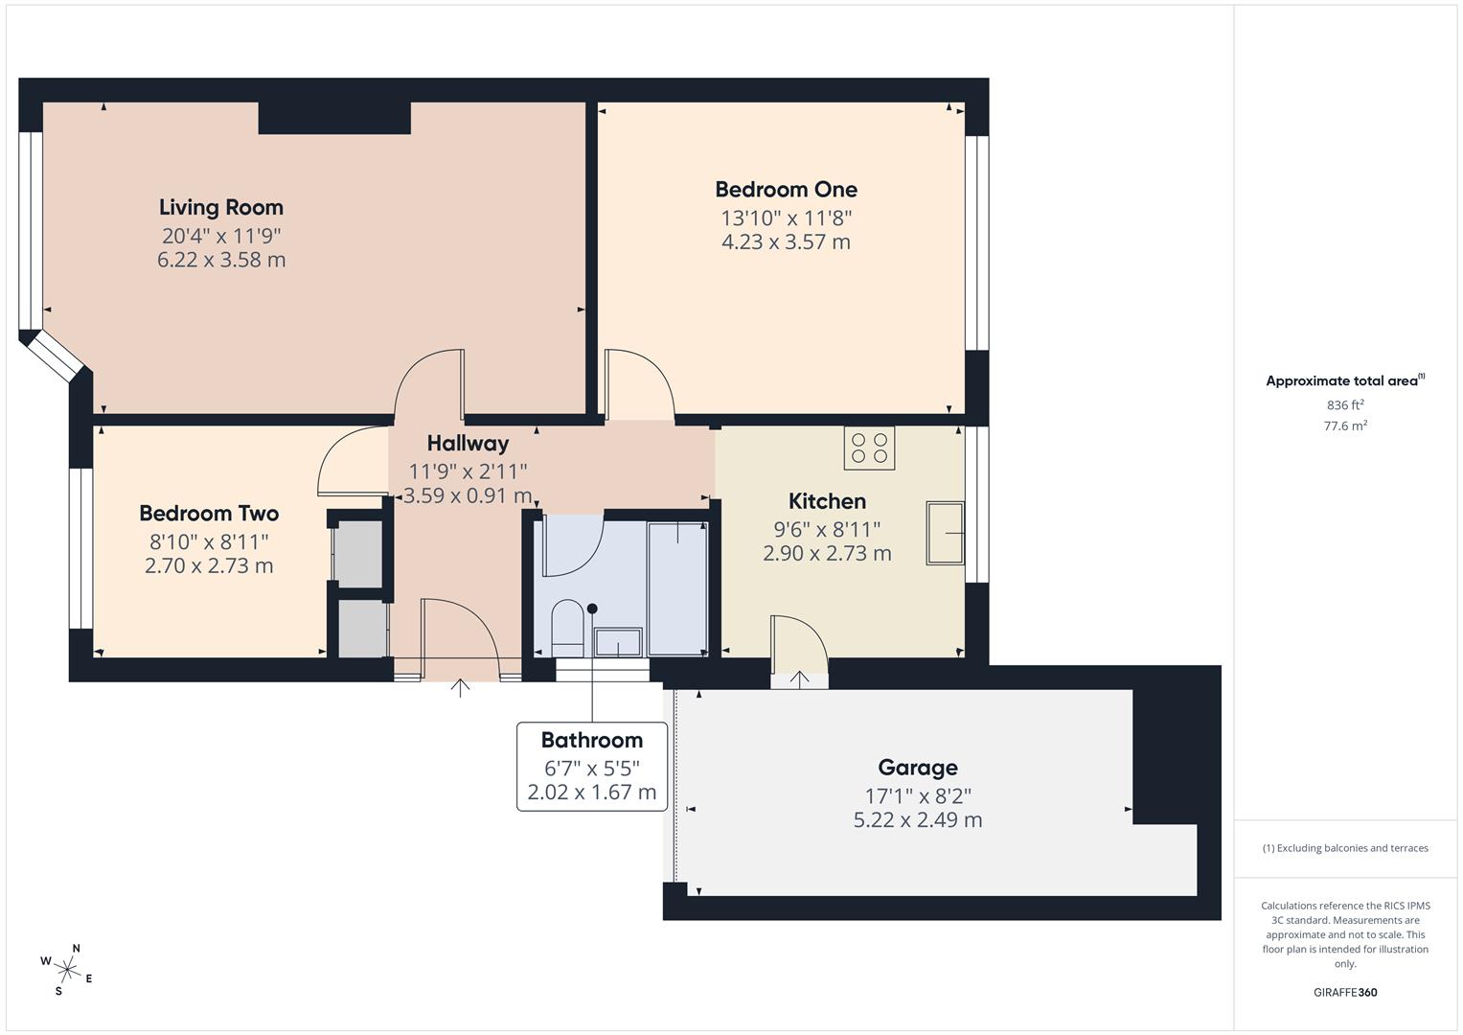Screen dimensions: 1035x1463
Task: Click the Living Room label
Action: tap(221, 207)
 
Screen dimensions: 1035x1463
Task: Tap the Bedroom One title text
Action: tap(786, 189)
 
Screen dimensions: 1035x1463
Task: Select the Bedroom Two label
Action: tap(209, 513)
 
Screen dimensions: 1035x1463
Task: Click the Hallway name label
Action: tap(468, 443)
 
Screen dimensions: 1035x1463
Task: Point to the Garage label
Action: tap(917, 767)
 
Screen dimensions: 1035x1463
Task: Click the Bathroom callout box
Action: tap(592, 766)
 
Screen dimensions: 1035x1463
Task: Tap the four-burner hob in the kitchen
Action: tap(869, 448)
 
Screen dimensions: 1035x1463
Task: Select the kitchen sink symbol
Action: tap(945, 533)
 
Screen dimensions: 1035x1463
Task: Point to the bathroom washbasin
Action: tap(618, 642)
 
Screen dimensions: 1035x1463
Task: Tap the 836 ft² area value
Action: tap(1345, 405)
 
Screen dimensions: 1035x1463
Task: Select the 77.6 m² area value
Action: tap(1345, 426)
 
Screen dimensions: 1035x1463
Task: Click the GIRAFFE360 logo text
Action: tap(1345, 992)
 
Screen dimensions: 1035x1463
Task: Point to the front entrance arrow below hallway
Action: tap(461, 687)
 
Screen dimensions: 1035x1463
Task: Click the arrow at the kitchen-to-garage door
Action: tap(799, 678)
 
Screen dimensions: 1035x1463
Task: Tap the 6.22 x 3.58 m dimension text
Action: tap(221, 260)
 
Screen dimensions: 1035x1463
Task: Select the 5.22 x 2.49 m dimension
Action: tap(917, 819)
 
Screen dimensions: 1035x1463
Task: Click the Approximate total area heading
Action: tap(1344, 380)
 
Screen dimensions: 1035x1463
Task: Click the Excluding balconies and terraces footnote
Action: tap(1345, 848)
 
